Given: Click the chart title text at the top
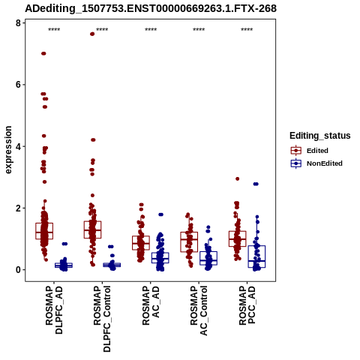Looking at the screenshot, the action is pos(151,8).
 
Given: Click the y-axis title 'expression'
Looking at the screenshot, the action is pos(8,150).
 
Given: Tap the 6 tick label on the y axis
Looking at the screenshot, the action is pos(18,85).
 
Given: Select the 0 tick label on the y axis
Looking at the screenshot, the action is pos(18,270).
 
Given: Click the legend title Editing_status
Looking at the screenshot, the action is pos(320,136).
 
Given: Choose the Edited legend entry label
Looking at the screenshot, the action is pos(317,151).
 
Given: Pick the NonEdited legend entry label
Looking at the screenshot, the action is pos(325,163).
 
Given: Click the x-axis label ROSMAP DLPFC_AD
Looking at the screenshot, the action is pos(54,310).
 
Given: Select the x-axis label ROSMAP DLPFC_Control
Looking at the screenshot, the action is pos(102,319).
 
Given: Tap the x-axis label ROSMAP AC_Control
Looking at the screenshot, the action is pos(199,310).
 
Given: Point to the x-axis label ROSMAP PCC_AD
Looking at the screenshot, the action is pos(247,305).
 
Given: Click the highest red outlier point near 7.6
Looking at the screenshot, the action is pos(92,34).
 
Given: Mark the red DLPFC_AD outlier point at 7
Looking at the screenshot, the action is pos(43,53).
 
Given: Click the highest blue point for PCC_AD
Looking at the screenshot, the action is pos(256,184).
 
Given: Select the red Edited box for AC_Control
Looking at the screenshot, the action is pos(189,241).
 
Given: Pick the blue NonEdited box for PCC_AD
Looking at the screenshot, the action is pos(256,256).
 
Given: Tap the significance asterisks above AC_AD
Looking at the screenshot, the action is pos(151,30).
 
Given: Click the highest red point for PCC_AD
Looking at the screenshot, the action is pos(238,178).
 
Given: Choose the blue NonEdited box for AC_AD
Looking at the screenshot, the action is pos(160,258).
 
